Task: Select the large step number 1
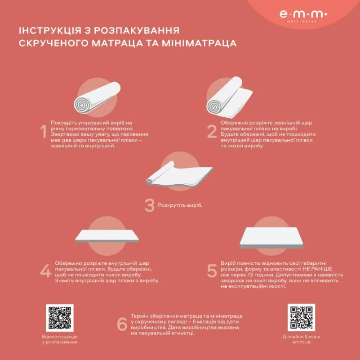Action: (x=44, y=132)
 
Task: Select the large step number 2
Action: (x=212, y=132)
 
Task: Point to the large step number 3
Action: (x=149, y=205)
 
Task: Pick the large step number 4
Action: (x=45, y=271)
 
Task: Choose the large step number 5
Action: (x=212, y=271)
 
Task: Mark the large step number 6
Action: (x=122, y=324)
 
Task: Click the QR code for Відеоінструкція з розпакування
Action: (x=59, y=318)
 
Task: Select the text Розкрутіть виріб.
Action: (x=180, y=206)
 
